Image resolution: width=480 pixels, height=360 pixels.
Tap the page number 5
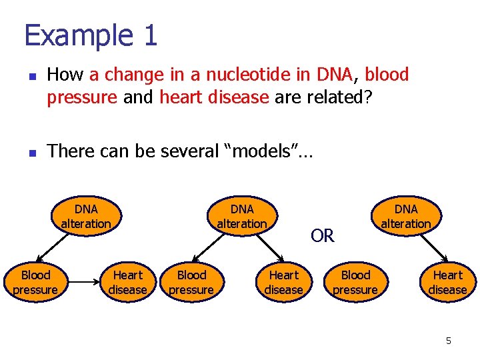448,341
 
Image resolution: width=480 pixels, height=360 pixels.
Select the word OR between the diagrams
323,236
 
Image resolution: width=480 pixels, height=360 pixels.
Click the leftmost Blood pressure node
35,282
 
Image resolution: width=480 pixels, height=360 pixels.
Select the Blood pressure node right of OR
355,282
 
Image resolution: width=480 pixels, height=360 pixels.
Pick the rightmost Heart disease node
447,282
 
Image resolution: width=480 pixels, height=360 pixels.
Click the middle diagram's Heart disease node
283,282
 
